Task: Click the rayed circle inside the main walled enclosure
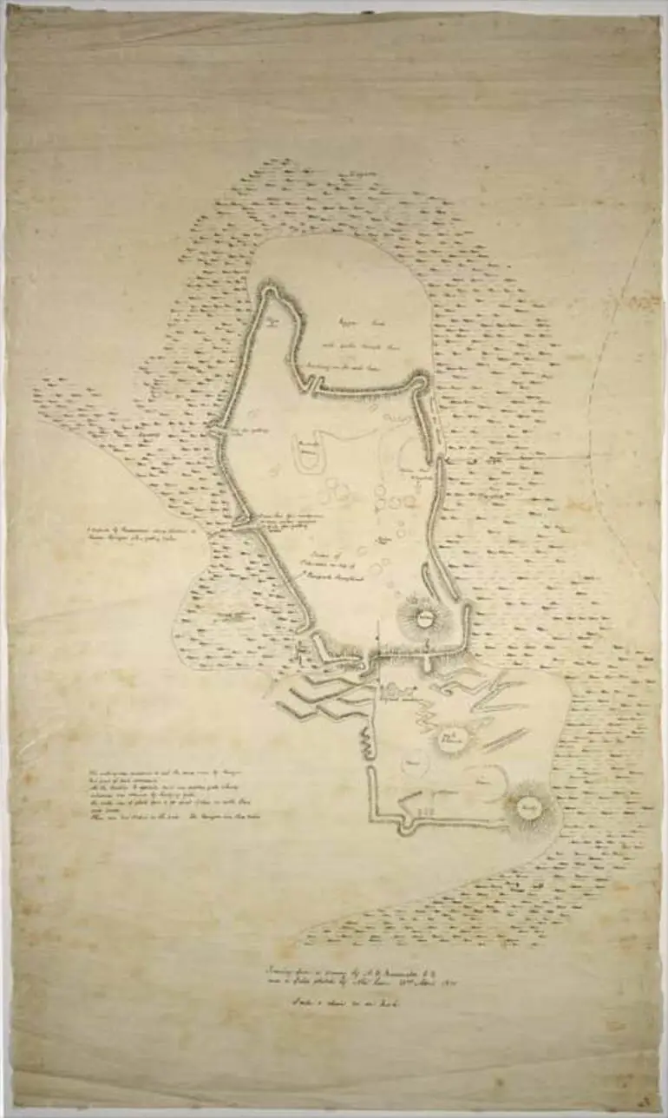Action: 424,619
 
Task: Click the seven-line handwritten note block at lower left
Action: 174,794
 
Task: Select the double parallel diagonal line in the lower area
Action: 505,740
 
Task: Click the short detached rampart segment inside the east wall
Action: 429,576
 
